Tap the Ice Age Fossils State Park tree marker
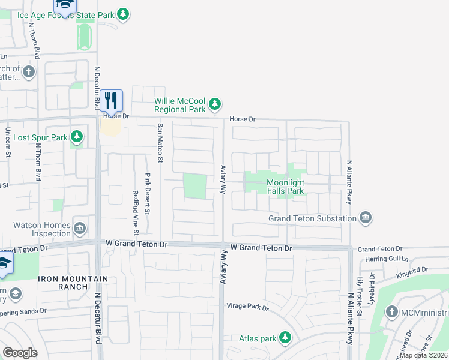(123, 13)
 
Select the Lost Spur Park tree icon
(76, 137)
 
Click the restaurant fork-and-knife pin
(110, 100)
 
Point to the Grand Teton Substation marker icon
(365, 218)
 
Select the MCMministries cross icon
(391, 312)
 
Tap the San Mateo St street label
(160, 143)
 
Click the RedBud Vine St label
(136, 212)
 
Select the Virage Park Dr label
(247, 307)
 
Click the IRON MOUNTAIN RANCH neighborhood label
(73, 283)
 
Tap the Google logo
(20, 353)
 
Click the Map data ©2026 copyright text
(424, 355)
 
